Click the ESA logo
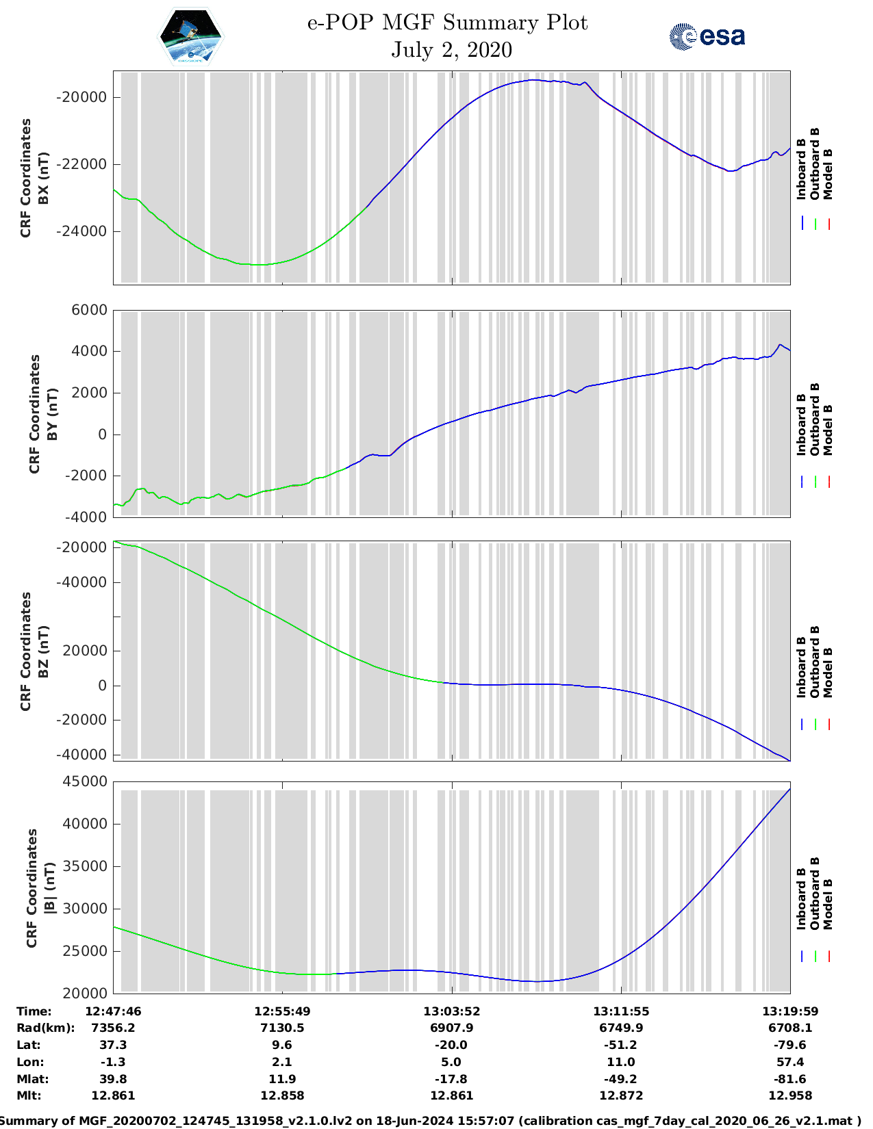coord(707,36)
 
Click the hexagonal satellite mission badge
coord(190,36)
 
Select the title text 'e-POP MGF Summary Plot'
coord(447,23)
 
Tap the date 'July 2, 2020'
coord(451,50)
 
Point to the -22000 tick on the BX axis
coord(81,164)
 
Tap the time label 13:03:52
coord(451,1011)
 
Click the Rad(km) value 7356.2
coord(113,1028)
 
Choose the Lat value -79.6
coord(790,1045)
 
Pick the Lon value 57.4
coord(790,1062)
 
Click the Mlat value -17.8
coord(451,1079)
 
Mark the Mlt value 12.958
coord(790,1095)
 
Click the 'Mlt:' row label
coord(29,1095)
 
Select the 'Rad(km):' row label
coord(45,1028)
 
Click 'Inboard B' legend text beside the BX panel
coord(801,164)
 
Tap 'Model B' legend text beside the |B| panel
coord(828,904)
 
